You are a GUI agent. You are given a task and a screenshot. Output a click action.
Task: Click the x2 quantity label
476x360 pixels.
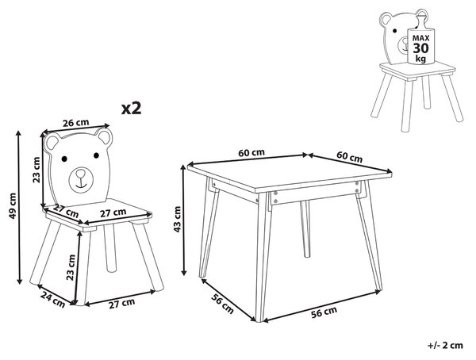point(131,109)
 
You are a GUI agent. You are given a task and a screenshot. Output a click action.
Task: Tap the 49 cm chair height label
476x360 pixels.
point(13,205)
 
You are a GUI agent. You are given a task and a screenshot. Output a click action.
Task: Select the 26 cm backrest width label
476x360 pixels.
point(76,123)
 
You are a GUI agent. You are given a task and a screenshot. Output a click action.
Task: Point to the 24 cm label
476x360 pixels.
point(52,299)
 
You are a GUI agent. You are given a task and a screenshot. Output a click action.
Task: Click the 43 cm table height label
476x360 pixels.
point(177,219)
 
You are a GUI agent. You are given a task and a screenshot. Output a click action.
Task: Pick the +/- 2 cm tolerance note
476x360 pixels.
point(445,345)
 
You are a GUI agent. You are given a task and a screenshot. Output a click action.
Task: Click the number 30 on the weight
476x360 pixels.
point(420,48)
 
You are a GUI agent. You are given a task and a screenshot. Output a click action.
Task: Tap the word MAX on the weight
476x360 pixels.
point(420,38)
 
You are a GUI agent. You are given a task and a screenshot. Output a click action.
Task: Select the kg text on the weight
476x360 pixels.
point(420,58)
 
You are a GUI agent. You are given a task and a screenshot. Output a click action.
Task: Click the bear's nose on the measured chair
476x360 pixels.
point(80,174)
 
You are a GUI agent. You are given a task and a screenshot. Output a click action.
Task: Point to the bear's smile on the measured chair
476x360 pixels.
point(80,183)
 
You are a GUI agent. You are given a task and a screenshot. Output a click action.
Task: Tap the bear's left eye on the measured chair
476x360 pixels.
point(64,159)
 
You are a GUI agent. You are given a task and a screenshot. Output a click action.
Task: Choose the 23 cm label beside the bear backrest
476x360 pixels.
point(36,170)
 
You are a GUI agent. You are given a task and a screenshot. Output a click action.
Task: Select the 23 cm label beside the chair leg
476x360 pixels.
point(71,267)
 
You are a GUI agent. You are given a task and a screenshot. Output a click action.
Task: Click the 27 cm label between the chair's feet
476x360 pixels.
point(122,303)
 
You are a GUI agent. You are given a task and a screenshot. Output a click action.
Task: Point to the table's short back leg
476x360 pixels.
point(305,229)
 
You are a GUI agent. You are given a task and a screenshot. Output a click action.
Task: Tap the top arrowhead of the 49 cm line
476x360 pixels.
point(19,133)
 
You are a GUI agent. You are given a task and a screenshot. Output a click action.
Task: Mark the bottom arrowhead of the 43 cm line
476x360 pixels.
point(184,272)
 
